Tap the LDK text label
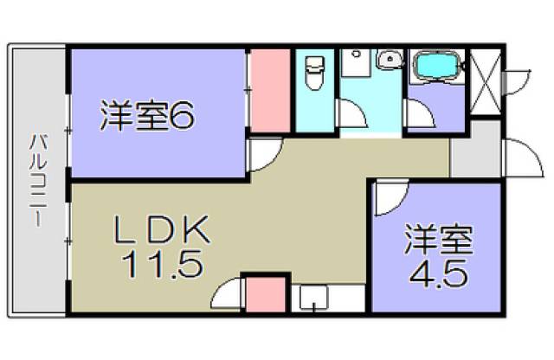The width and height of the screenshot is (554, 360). coord(163,230)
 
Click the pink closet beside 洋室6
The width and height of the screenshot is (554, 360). coord(270,91)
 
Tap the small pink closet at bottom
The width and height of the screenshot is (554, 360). coord(266,295)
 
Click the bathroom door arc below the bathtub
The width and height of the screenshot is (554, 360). coord(422,115)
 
